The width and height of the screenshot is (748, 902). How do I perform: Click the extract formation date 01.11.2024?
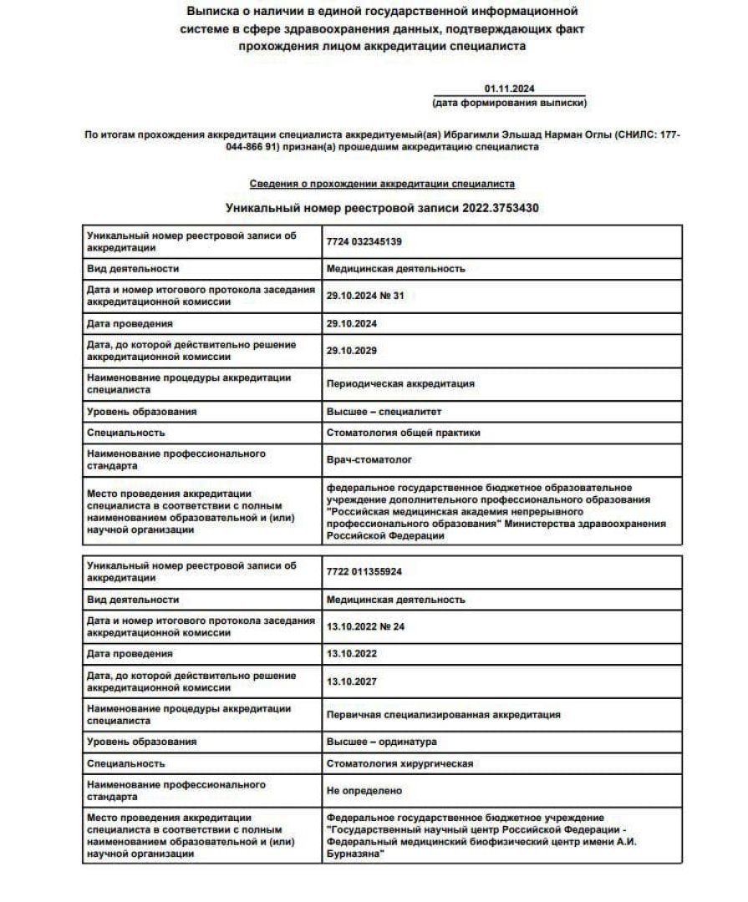tap(509, 89)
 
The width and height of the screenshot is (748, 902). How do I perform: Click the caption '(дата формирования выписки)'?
tap(509, 103)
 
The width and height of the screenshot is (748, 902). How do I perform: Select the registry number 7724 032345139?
tap(365, 241)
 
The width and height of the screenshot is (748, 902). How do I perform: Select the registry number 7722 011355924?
tap(365, 571)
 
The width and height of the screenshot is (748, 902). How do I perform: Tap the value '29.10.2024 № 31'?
tap(365, 296)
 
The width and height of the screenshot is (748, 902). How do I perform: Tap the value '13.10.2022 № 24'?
tap(365, 626)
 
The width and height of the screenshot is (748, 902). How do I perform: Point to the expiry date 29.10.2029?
tap(351, 351)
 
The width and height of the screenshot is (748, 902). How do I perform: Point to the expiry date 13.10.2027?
tap(351, 682)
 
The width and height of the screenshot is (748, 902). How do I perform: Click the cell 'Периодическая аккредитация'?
tap(400, 384)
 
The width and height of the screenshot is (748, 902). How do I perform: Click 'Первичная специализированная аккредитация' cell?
tap(443, 714)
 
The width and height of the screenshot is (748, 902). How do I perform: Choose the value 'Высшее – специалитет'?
tap(384, 412)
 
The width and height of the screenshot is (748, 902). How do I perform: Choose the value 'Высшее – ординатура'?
tap(381, 742)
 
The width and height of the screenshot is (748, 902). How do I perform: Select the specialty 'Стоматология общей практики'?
tap(403, 433)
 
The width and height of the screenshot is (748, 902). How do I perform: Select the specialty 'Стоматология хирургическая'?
tap(399, 763)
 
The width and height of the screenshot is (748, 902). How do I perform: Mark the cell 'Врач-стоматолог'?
tap(369, 460)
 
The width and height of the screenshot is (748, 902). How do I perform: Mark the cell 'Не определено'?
tap(364, 790)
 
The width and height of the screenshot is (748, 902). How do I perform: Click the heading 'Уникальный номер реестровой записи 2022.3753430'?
tap(382, 208)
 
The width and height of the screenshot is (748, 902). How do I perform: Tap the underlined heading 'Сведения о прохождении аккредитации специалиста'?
tap(382, 183)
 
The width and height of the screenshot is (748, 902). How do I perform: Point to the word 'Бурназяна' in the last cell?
tap(354, 855)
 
